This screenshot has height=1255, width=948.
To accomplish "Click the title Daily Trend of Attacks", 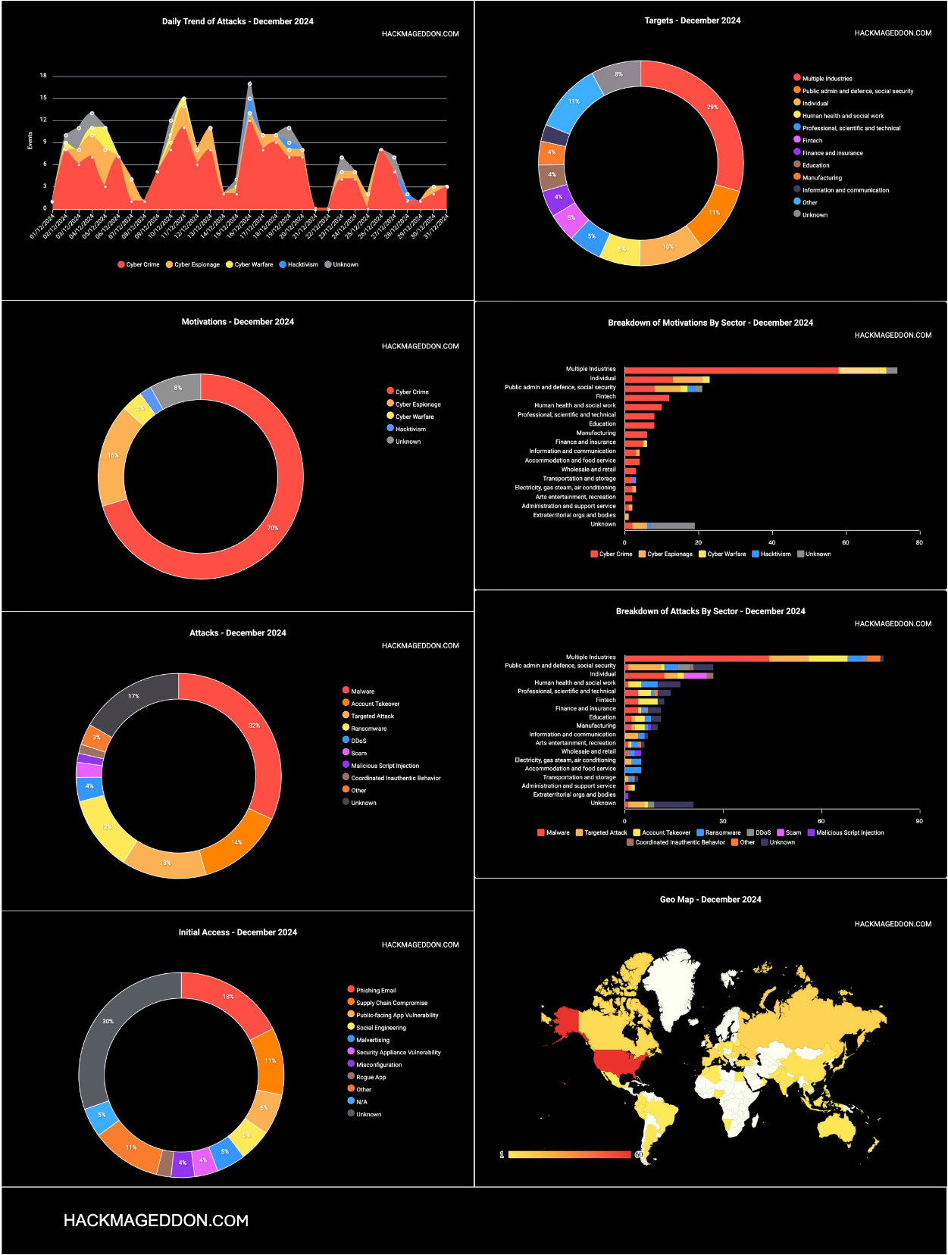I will point(237,21).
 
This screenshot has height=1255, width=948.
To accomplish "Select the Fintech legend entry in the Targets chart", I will point(812,140).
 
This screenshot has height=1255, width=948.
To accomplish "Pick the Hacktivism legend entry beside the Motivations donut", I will point(410,429).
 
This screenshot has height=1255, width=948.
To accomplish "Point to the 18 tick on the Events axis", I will point(43,76).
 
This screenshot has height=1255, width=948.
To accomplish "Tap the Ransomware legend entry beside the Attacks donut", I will point(368,729).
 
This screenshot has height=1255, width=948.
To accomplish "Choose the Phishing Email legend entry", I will point(376,990).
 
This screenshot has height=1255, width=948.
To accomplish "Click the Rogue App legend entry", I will point(371,1077).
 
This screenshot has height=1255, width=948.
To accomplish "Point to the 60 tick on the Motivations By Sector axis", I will point(846,542).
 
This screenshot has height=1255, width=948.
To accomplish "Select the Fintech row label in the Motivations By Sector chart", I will point(605,396).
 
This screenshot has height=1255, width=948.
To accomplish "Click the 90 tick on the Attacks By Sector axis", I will point(919,821).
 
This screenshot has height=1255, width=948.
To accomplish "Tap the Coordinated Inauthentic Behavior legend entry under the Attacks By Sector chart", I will point(680,842).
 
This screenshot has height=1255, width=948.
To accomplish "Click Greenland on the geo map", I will point(674,977).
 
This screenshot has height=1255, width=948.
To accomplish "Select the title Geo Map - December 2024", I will point(710,900).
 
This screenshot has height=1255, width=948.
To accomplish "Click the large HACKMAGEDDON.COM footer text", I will point(156,1220).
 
